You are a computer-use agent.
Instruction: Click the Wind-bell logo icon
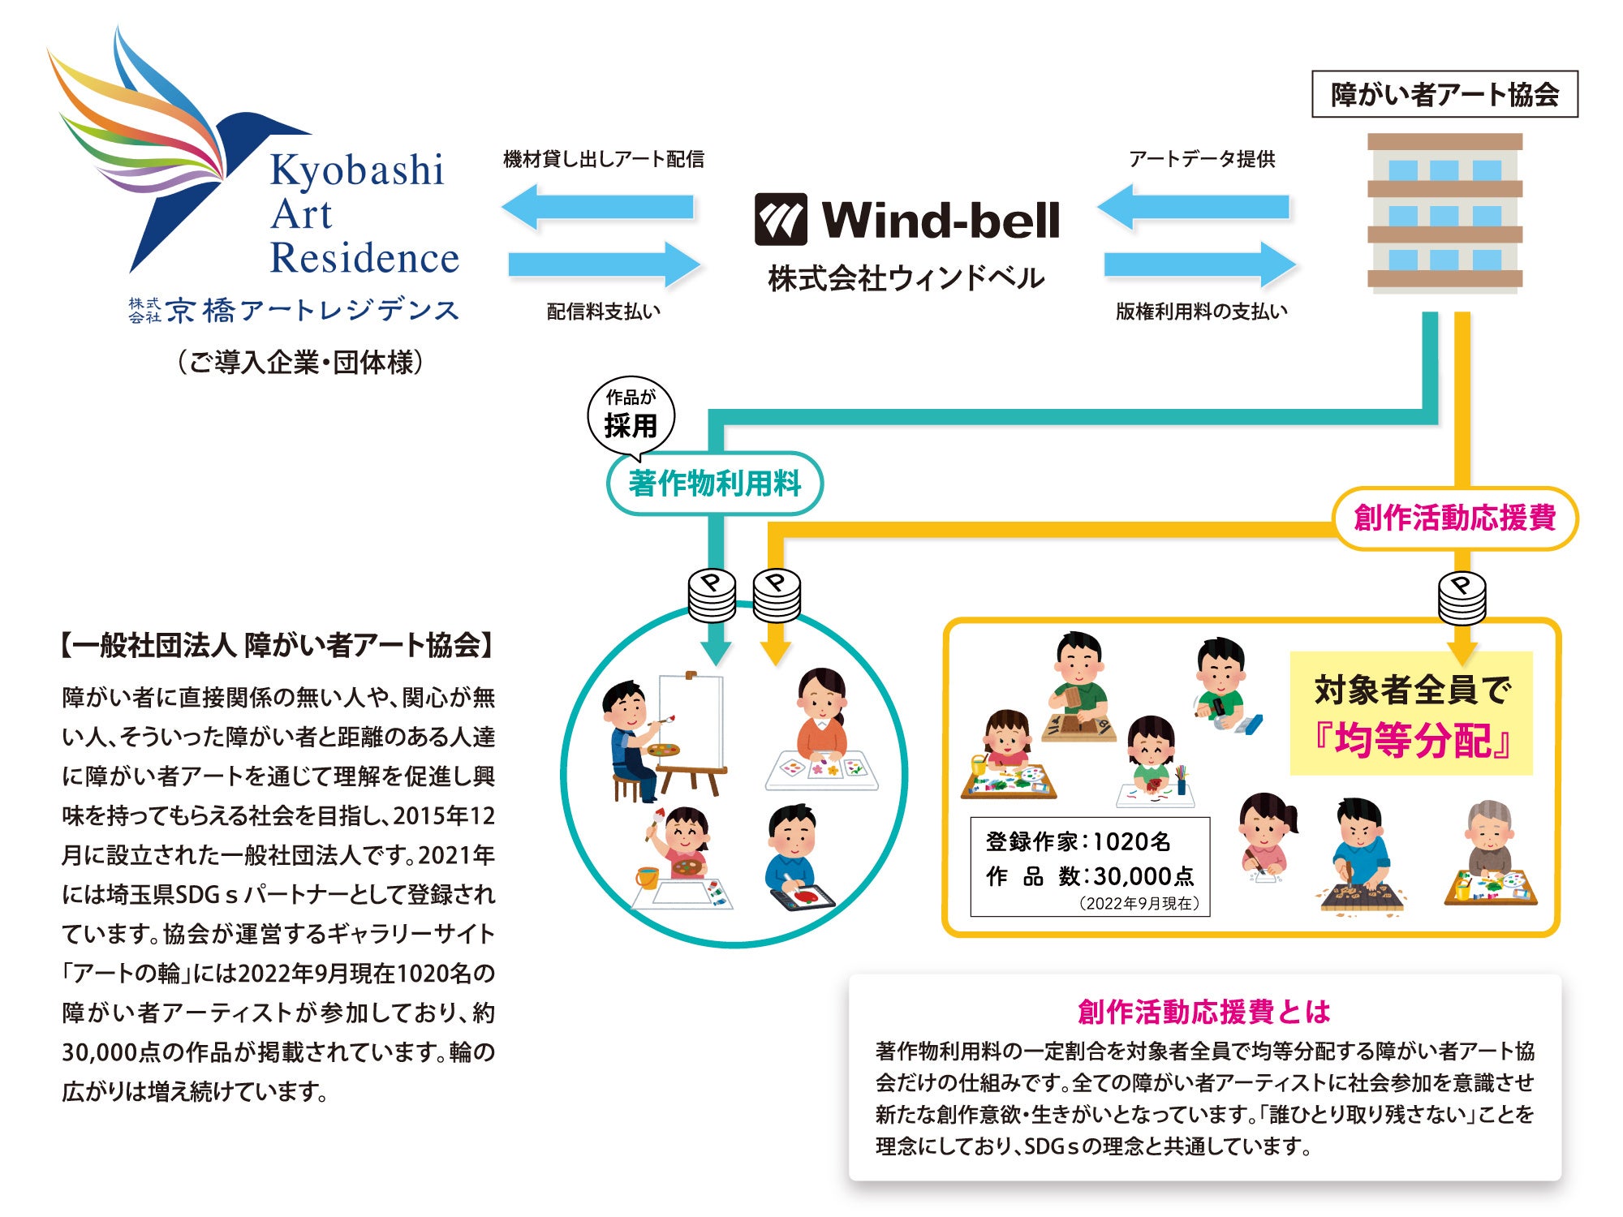coord(781,219)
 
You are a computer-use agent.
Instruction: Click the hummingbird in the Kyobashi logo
coord(174,154)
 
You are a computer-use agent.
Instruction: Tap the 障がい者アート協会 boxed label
coord(1444,94)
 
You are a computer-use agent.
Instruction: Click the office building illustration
coord(1444,213)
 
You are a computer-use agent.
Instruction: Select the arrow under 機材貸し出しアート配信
coord(599,207)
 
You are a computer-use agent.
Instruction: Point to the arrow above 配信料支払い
coord(605,264)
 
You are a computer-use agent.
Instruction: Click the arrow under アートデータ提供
coord(1194,207)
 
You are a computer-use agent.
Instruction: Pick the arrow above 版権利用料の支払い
coord(1199,264)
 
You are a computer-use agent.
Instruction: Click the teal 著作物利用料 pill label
coord(714,484)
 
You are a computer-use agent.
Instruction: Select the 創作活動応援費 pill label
coord(1455,518)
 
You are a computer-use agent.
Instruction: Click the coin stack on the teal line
coord(712,594)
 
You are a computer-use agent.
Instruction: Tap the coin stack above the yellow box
coord(1462,598)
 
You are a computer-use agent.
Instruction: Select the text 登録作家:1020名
coord(1078,842)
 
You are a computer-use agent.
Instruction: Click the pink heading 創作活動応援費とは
coord(1204,1012)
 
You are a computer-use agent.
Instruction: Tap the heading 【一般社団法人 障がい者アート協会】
coord(277,645)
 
